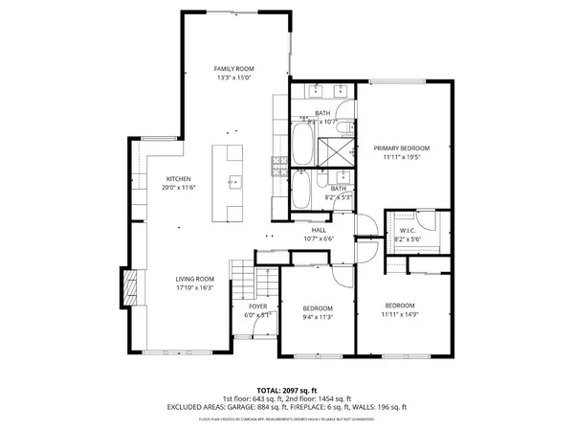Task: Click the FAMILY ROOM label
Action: click(233, 69)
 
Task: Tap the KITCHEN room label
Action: click(179, 179)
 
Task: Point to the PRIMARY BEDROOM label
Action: click(402, 148)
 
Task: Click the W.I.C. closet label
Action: click(407, 231)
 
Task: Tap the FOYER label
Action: click(258, 306)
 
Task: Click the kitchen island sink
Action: click(233, 180)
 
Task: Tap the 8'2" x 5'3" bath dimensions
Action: click(339, 197)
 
